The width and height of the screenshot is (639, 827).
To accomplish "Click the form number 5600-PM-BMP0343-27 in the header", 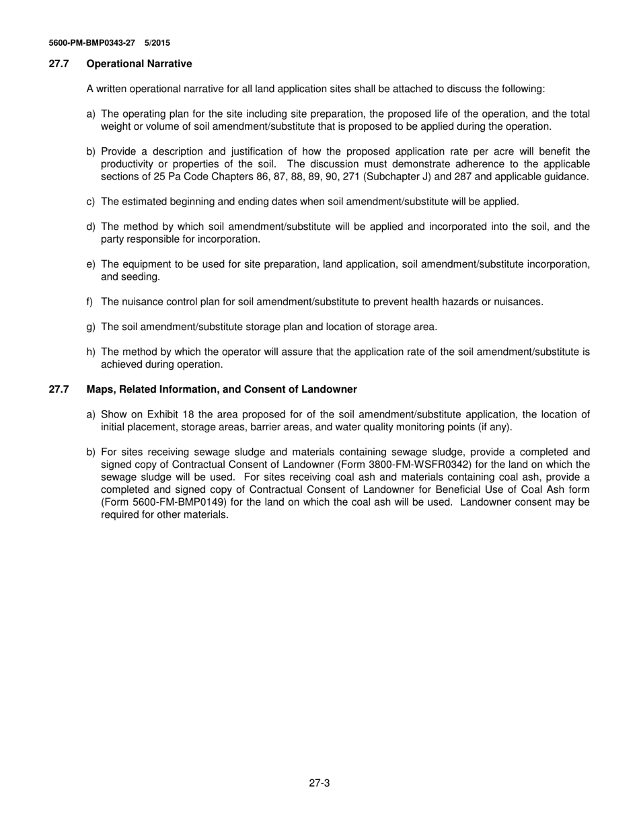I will [x=91, y=43].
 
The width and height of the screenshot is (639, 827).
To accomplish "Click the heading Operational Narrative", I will [x=139, y=64].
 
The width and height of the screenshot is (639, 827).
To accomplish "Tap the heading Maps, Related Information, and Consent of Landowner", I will [x=221, y=389].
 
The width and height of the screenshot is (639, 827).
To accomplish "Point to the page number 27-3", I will [x=319, y=783].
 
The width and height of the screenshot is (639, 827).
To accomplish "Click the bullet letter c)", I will [x=91, y=201].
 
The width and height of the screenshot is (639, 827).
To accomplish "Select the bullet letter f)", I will [x=89, y=302].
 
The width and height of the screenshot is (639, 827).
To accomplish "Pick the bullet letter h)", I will [x=91, y=352].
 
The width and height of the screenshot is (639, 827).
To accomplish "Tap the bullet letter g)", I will [x=91, y=327].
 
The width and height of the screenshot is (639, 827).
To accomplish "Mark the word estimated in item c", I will [x=143, y=201].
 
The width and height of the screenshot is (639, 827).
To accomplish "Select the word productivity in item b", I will [x=128, y=164].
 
